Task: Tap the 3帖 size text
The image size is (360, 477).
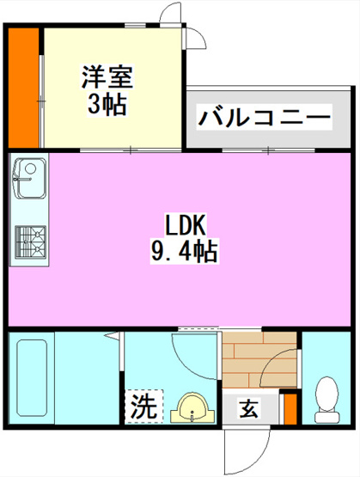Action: [x=107, y=104]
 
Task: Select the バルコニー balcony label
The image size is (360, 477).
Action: [x=264, y=118]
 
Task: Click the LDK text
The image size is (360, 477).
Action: [x=186, y=225]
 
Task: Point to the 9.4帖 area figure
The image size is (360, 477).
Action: [x=184, y=251]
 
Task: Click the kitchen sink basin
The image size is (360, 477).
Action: [x=30, y=178]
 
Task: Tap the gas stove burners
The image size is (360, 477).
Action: [x=30, y=242]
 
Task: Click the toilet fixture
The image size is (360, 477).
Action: [x=326, y=399]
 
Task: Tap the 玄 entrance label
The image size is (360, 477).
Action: [x=249, y=408]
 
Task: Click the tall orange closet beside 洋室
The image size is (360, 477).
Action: [x=24, y=88]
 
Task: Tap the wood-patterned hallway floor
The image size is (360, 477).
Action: [x=259, y=360]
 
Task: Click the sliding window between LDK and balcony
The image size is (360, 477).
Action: [x=268, y=150]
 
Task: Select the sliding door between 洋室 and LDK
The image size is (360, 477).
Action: [x=131, y=150]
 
